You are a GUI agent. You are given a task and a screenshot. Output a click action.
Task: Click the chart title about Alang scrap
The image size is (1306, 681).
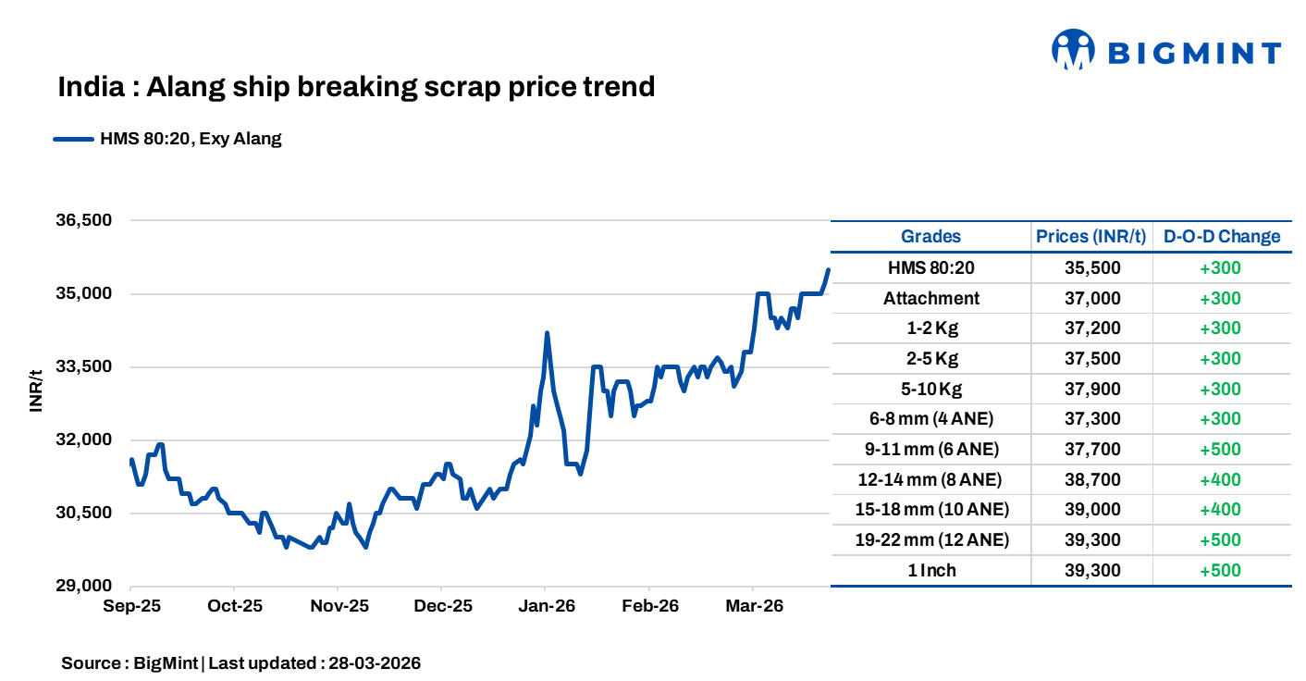(x=356, y=87)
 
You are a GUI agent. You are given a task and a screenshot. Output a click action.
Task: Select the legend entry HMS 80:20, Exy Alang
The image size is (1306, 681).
(x=191, y=140)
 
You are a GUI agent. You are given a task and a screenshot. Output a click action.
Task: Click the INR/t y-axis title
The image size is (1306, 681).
(x=36, y=390)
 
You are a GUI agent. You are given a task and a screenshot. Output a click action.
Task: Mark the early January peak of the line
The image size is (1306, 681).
(x=547, y=333)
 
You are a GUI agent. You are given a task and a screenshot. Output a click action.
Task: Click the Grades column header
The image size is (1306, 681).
(x=930, y=236)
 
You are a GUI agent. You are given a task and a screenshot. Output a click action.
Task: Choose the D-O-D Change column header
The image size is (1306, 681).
(x=1221, y=236)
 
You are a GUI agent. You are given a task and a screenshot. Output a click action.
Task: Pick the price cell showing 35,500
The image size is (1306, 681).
(x=1091, y=268)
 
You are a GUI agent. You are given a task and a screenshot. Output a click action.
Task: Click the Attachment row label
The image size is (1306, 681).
(x=930, y=298)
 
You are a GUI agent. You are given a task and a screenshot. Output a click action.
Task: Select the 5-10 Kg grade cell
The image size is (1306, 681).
(x=930, y=389)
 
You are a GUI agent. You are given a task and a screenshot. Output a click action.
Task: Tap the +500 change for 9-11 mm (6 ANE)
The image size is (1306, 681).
(x=1220, y=449)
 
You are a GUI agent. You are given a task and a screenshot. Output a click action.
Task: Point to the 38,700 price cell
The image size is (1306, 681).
(x=1091, y=479)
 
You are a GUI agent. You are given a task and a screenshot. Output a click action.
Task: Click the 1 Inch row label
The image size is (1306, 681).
(x=930, y=570)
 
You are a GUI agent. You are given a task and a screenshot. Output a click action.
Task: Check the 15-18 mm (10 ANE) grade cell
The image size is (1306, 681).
(x=930, y=510)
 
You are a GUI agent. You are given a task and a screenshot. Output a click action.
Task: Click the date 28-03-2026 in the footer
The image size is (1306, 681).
(x=375, y=663)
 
